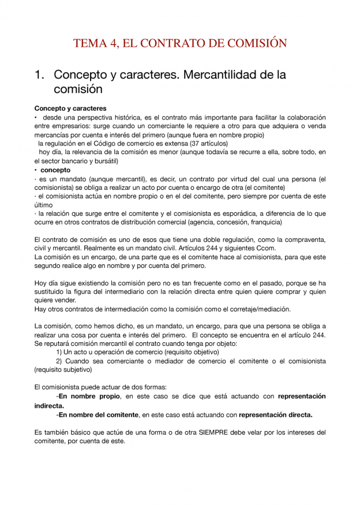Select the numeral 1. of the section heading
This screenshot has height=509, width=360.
click(40, 75)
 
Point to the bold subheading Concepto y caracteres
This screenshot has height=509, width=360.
click(70, 108)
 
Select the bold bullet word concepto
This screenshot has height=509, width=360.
click(55, 170)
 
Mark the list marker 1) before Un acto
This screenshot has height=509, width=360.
click(59, 352)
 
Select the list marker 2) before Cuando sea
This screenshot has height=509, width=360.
click(59, 361)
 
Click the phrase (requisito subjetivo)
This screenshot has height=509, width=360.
click(63, 370)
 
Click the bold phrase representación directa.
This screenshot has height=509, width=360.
click(276, 414)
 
